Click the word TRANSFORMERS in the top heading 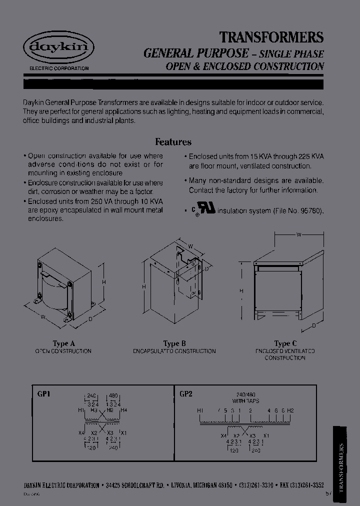pyautogui.click(x=272, y=37)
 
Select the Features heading pyautogui.click(x=173, y=142)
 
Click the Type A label pyautogui.click(x=63, y=343)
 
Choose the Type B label pyautogui.click(x=174, y=343)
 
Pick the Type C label pyautogui.click(x=285, y=343)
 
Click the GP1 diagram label pyautogui.click(x=44, y=393)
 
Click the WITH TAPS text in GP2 pyautogui.click(x=245, y=401)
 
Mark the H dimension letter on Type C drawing pyautogui.click(x=241, y=290)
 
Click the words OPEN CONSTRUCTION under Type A pyautogui.click(x=63, y=351)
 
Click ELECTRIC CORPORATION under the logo pyautogui.click(x=56, y=68)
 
